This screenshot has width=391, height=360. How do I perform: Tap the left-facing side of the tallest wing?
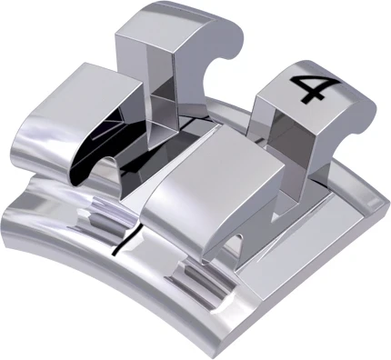[128, 73]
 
